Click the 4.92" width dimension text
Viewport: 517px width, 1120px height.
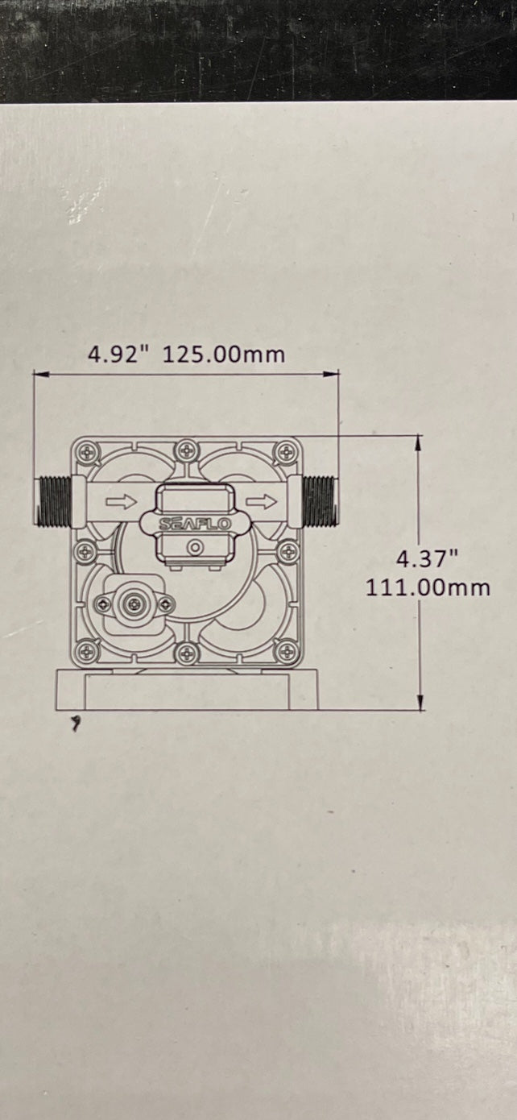tap(120, 355)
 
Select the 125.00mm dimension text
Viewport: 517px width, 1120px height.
tap(224, 355)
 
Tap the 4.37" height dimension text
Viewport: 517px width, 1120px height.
tap(426, 558)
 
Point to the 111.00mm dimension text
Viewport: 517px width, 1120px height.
tap(428, 587)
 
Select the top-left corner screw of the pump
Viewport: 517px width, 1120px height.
tap(87, 452)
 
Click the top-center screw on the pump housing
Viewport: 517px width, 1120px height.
tap(187, 448)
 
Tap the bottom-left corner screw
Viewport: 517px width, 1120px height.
tap(87, 651)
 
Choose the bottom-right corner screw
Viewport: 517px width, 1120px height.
tap(286, 651)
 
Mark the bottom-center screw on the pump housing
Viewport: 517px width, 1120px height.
tap(187, 653)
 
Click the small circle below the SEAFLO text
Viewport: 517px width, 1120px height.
tap(193, 547)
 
